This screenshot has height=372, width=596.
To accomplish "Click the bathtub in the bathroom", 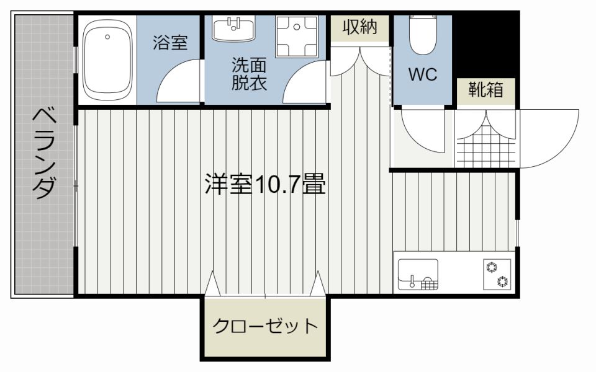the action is coord(107,60).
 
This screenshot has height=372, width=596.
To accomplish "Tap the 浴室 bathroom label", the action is coord(170,42).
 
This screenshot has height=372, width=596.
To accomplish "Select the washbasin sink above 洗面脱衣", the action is coord(234,29).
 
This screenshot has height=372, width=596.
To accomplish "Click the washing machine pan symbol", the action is coord(297,37).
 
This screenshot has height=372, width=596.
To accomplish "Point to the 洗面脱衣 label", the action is coord(249,74).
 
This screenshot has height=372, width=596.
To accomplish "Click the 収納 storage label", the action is coord(359,27).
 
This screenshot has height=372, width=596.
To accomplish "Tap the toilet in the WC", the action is coord(423,33).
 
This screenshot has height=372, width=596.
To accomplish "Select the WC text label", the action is coord(423,74).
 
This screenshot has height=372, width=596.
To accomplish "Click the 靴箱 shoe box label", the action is coord(485,89).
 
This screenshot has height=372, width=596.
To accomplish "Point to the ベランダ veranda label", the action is coord(44,154).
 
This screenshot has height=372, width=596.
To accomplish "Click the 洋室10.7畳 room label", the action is coord(265,185).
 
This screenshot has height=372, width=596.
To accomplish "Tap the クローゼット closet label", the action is coord(265,325).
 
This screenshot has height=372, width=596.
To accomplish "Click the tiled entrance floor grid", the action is coord(486,145).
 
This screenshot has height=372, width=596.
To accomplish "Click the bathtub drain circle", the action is coord(107,37).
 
